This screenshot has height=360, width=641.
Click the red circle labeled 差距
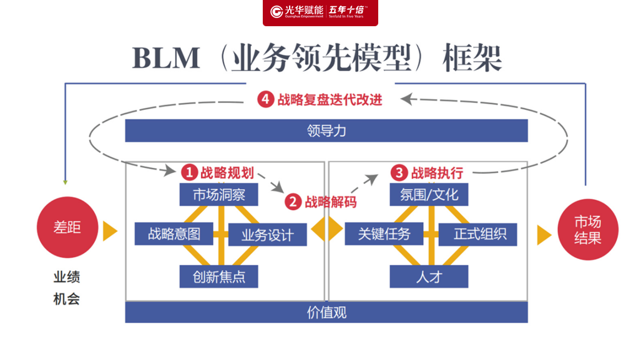point(67,228)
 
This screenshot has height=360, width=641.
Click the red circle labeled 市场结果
point(587,230)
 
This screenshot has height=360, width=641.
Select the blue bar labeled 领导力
point(326,130)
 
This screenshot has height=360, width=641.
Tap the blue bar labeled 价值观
point(326,312)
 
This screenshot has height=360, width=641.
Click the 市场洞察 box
point(219,195)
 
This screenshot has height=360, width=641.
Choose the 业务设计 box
point(267,235)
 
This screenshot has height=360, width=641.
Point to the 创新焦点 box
point(219,276)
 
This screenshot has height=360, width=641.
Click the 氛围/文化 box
point(429,195)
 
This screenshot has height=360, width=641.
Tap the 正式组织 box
point(477,234)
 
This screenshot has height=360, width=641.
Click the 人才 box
point(429,276)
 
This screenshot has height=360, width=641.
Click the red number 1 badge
point(189,172)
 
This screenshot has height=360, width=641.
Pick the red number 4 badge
point(266,99)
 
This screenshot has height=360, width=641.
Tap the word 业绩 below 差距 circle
point(67,277)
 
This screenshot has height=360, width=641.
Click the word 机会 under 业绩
point(67,299)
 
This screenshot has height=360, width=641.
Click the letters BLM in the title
point(166,59)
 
